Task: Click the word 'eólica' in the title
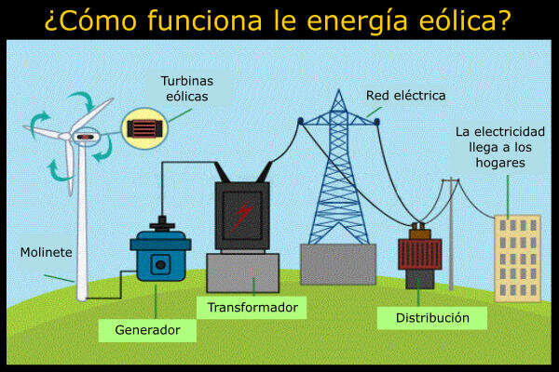[457, 20]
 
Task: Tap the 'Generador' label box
[147, 330]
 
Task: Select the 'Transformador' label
[252, 307]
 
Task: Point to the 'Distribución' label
[433, 318]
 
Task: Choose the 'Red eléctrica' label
[405, 95]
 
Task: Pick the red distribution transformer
[419, 258]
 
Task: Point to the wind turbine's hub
[86, 138]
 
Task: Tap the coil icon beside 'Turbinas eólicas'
[145, 126]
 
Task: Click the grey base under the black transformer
[242, 272]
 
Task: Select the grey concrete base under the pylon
[336, 262]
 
